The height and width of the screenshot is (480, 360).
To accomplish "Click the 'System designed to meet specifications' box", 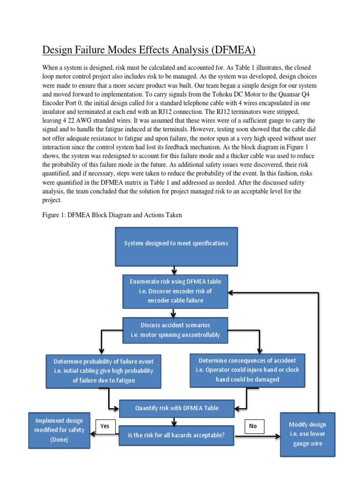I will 176,243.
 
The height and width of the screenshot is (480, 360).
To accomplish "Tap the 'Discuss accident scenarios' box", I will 175,330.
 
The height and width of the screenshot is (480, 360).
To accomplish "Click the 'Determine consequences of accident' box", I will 247,369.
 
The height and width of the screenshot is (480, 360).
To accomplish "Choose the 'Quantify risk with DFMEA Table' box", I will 176,408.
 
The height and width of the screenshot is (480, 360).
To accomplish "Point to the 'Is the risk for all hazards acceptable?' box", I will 176,435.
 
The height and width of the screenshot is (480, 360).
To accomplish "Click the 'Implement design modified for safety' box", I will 60,429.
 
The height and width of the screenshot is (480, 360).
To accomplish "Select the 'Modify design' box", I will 307,434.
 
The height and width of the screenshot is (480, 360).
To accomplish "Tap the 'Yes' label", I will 105,426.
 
